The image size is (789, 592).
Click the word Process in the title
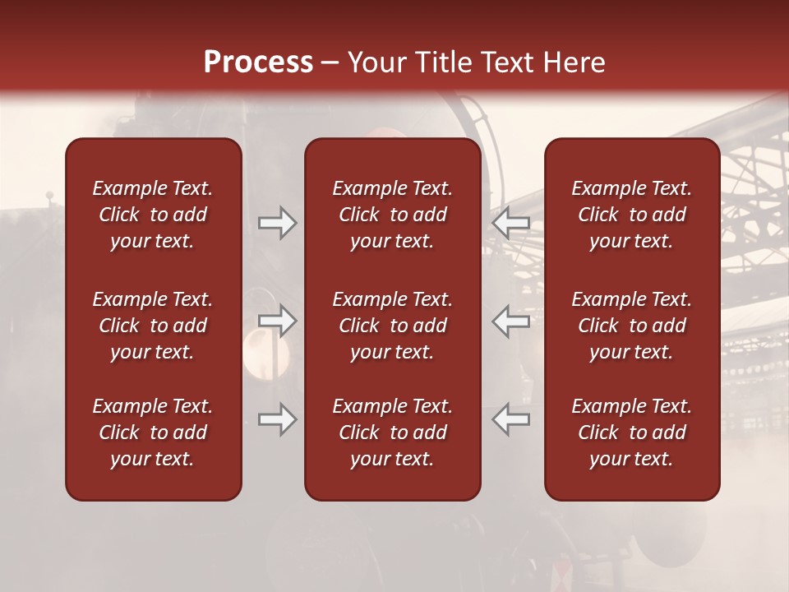pos(258,62)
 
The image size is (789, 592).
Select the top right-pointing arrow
pos(277,223)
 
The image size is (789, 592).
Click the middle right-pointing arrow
pos(277,321)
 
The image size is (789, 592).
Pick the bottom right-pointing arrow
pos(277,420)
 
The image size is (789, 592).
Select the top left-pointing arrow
pos(511,223)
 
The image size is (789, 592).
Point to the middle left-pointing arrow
pos(511,321)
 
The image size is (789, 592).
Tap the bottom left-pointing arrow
pos(511,420)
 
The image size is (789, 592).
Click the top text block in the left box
pos(153,215)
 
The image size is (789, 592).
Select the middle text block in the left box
pos(153,326)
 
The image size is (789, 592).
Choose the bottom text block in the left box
pos(153,432)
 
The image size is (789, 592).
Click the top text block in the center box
pos(393,215)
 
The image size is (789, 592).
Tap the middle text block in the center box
pos(393,326)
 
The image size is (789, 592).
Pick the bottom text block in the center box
pos(393,432)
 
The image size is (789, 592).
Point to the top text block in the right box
pos(632,215)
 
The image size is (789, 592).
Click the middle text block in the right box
pos(632,326)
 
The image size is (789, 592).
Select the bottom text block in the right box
pos(632,432)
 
